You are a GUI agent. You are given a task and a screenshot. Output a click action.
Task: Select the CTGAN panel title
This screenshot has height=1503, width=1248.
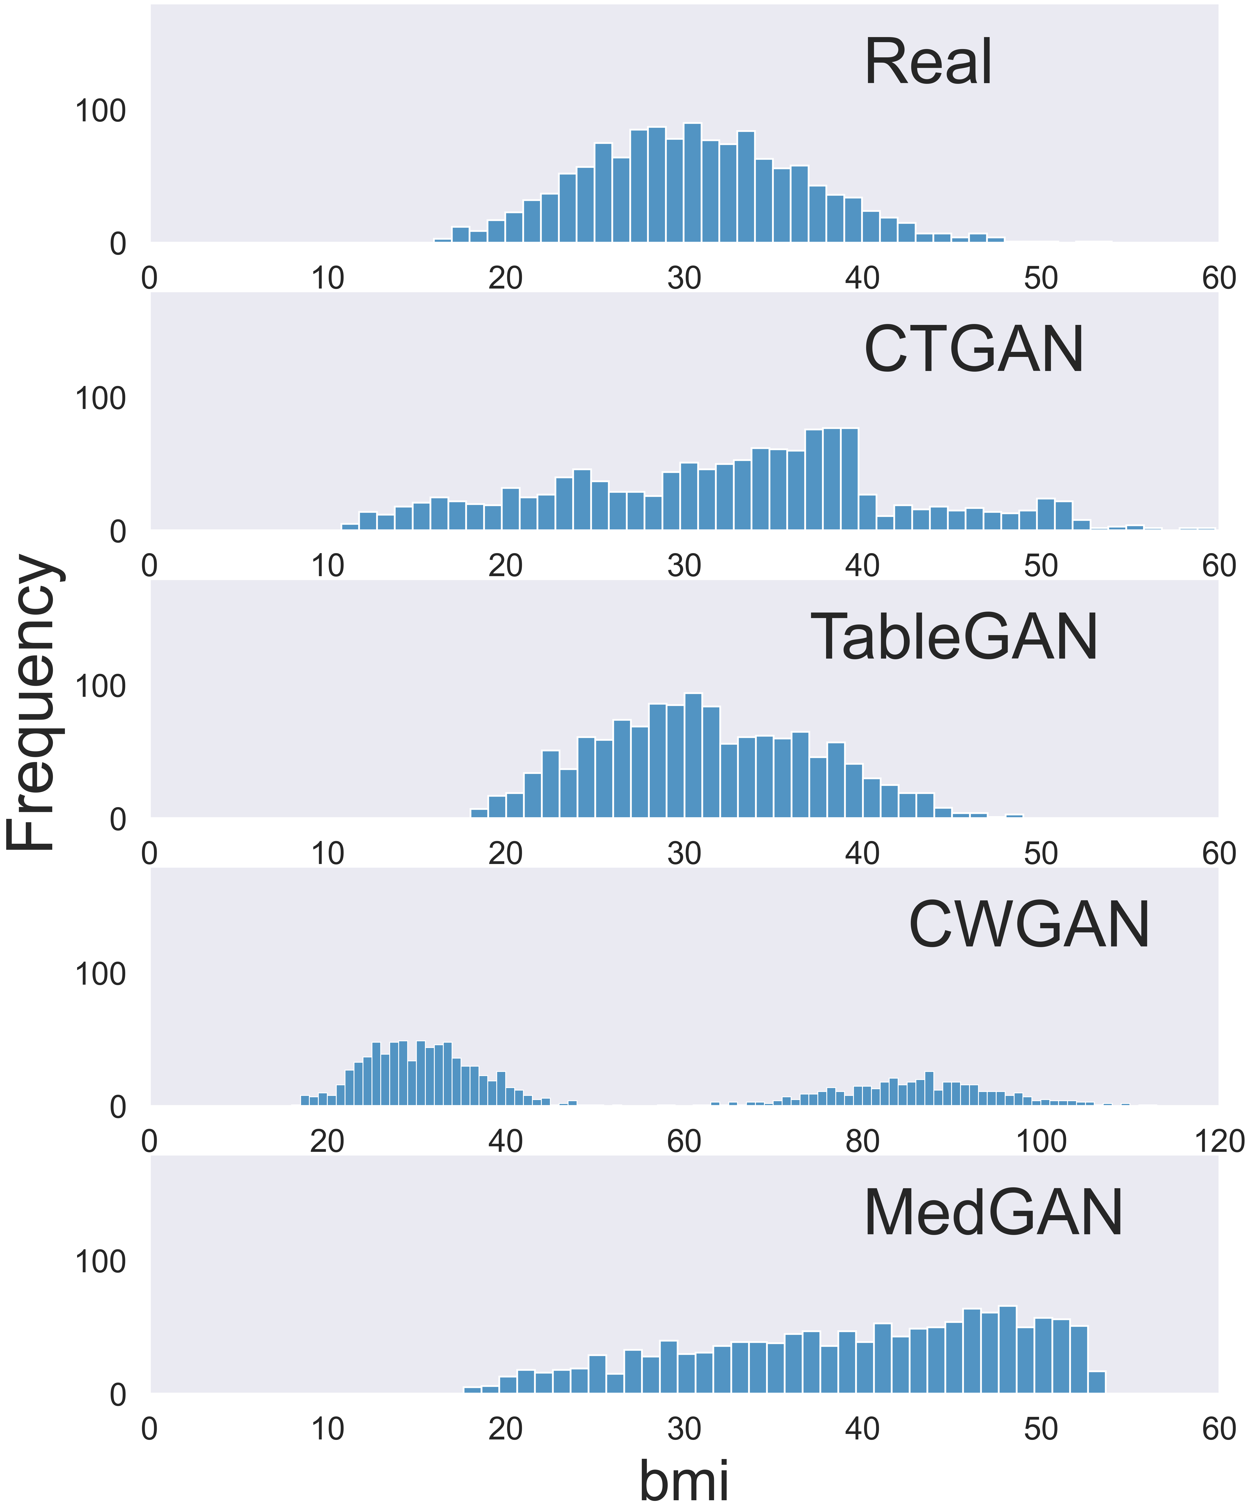pyautogui.click(x=973, y=350)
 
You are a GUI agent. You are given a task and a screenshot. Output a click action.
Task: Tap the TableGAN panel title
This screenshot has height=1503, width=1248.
pyautogui.click(x=954, y=638)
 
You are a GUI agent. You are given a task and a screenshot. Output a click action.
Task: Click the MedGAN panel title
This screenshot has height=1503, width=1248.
pyautogui.click(x=993, y=1213)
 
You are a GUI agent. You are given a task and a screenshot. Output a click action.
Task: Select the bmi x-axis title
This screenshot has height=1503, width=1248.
pyautogui.click(x=683, y=1478)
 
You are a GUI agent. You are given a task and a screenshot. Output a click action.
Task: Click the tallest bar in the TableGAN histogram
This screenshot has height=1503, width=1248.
pyautogui.click(x=693, y=755)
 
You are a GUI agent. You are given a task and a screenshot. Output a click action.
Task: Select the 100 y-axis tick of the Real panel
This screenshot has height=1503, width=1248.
pyautogui.click(x=100, y=112)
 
